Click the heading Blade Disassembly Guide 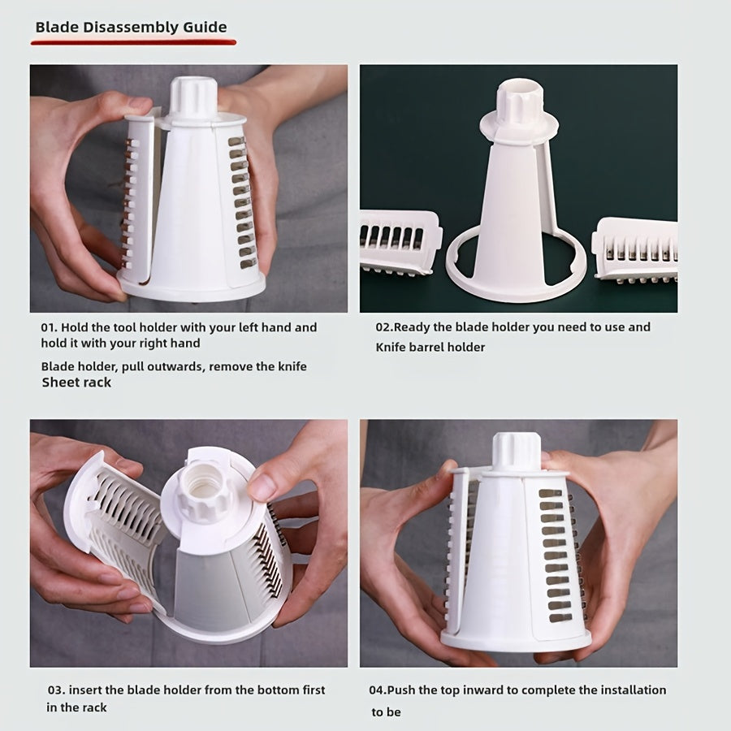pyautogui.click(x=131, y=26)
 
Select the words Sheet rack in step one pyautogui.click(x=76, y=382)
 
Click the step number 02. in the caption pyautogui.click(x=384, y=327)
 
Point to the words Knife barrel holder pyautogui.click(x=430, y=347)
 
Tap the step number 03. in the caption pyautogui.click(x=55, y=690)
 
